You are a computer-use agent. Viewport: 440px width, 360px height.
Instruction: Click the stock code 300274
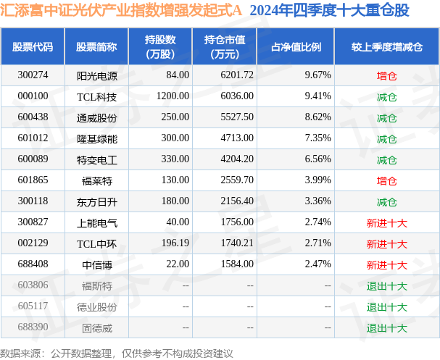click(33, 75)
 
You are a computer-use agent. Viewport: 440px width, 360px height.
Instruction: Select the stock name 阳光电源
click(96, 75)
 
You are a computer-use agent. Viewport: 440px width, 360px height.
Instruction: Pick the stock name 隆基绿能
click(96, 138)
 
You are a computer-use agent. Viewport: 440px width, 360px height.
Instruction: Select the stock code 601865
click(33, 180)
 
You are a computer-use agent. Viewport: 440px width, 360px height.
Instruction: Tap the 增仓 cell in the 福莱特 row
click(386, 180)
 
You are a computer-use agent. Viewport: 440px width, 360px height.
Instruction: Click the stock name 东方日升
click(96, 201)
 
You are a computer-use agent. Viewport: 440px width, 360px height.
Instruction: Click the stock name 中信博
click(96, 264)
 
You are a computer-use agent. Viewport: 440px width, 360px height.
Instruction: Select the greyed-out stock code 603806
click(33, 285)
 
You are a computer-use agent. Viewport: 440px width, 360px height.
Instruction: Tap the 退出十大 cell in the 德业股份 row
click(386, 306)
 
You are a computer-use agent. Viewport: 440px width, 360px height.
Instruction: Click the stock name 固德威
click(96, 327)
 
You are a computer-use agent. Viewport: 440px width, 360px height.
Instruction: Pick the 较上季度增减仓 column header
click(386, 46)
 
